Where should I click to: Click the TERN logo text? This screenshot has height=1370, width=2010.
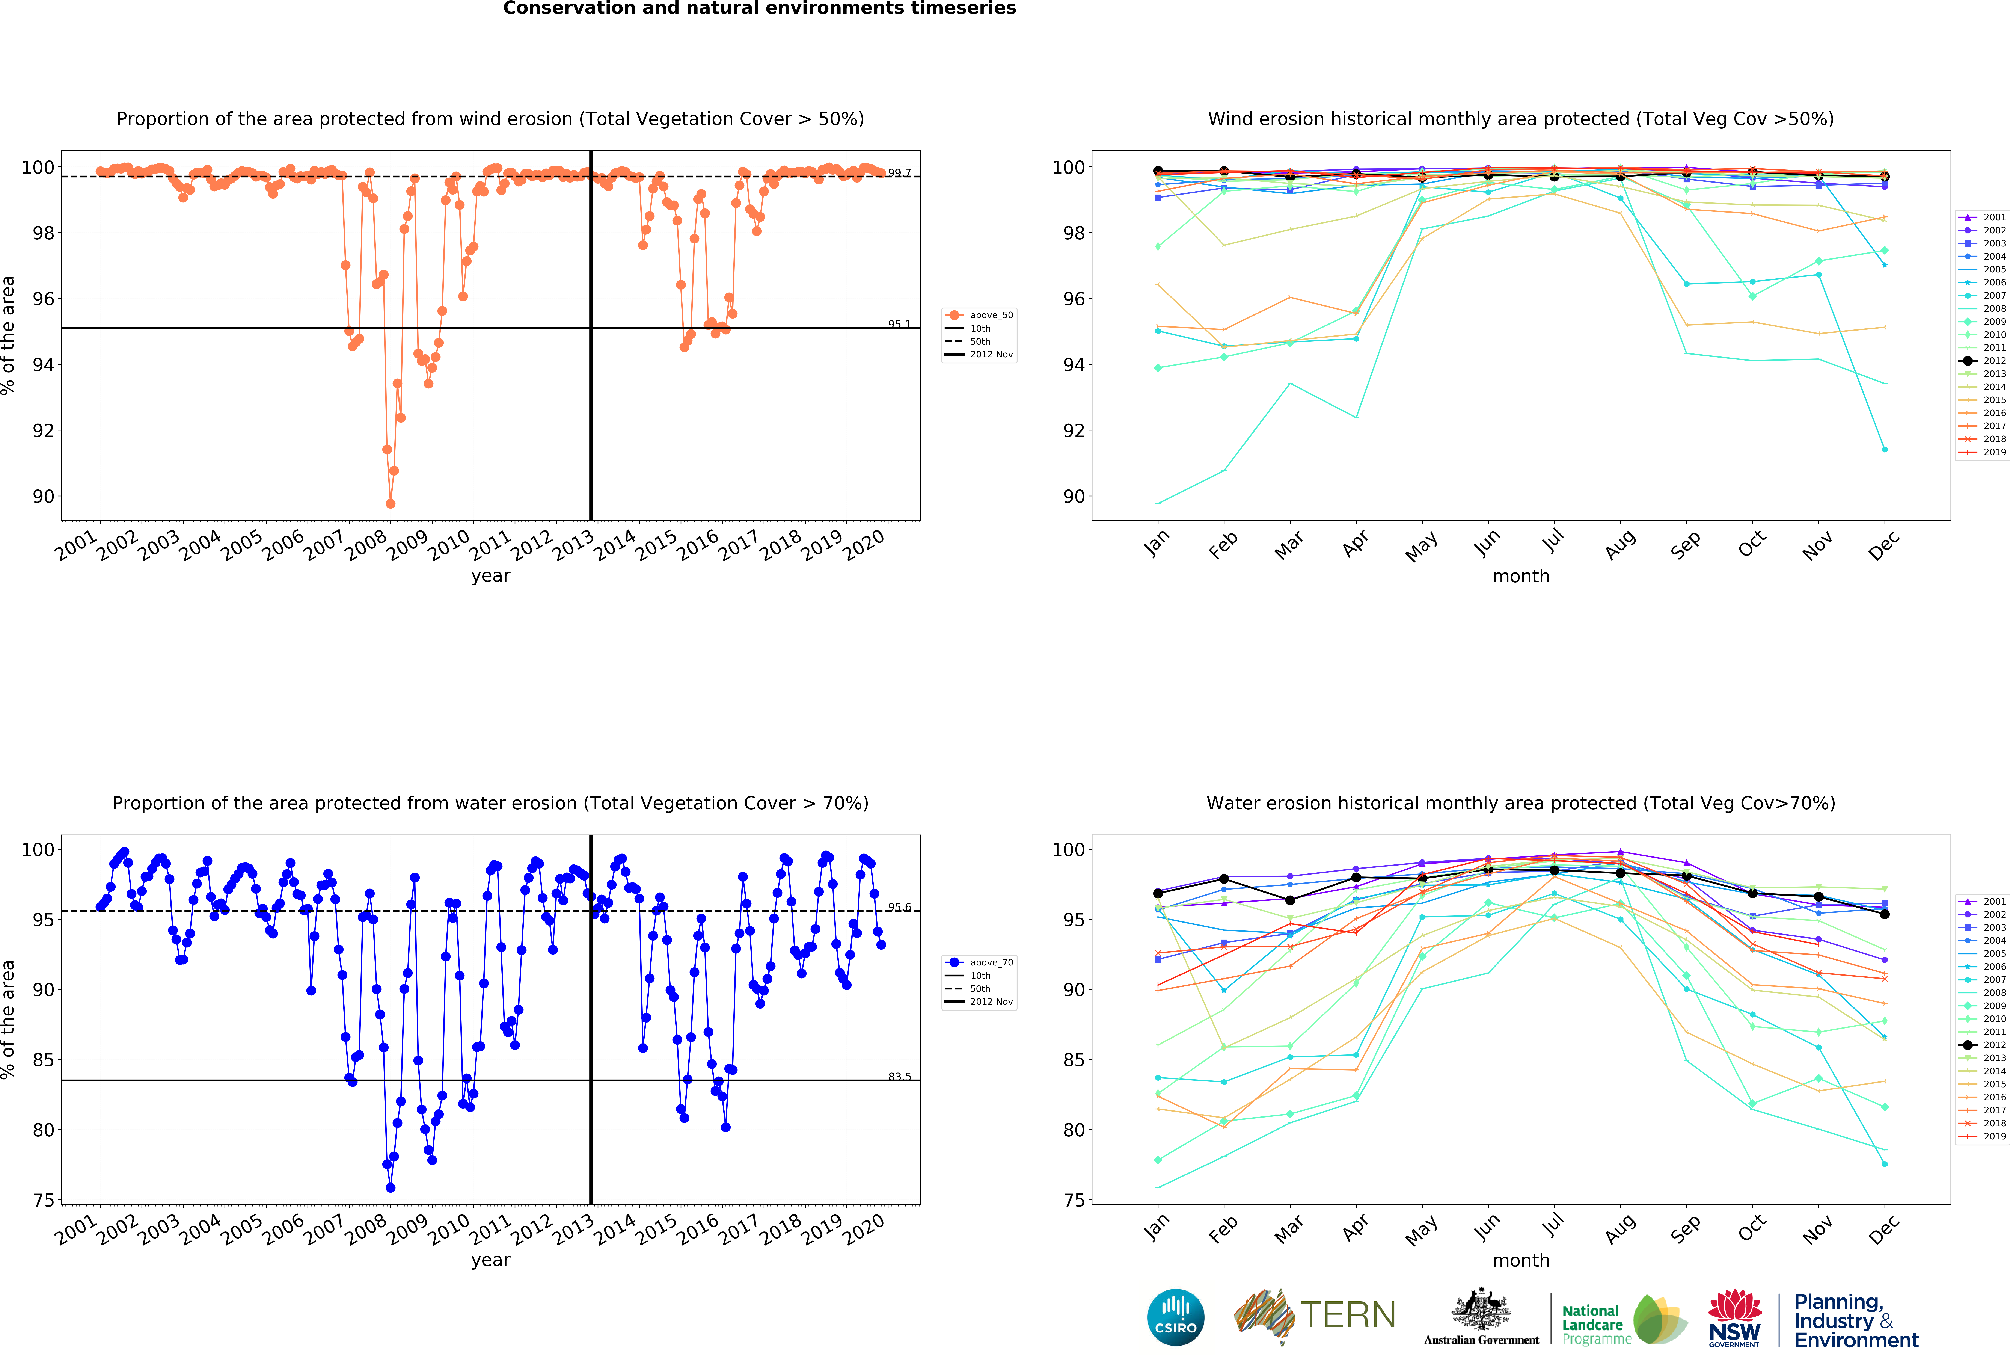click(x=1348, y=1316)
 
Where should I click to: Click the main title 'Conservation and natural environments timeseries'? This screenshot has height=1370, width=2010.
click(x=759, y=9)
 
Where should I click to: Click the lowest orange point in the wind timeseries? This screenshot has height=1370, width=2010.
click(x=390, y=503)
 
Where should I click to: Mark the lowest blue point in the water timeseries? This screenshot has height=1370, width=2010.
click(x=390, y=1187)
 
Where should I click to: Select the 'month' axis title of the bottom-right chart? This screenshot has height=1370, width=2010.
click(x=1520, y=1260)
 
